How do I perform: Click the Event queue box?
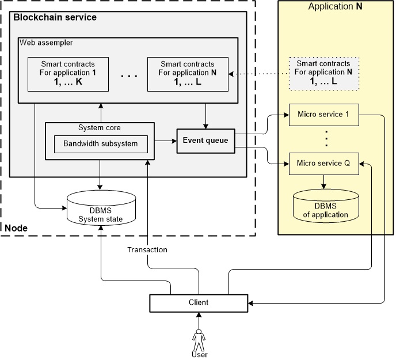(x=205, y=141)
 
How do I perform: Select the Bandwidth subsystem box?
(x=100, y=143)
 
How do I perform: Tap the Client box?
(x=198, y=302)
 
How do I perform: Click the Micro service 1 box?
(x=323, y=115)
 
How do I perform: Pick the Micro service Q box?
(x=323, y=163)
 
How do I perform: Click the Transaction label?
(x=147, y=250)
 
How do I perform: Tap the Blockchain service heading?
(x=55, y=17)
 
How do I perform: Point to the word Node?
(x=16, y=229)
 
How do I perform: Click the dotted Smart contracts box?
(x=323, y=73)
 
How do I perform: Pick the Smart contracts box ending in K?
(x=68, y=73)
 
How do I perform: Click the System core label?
(x=100, y=127)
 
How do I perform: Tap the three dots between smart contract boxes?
(x=128, y=75)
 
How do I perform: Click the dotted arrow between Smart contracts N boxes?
(x=258, y=74)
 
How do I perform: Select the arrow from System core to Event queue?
(x=165, y=140)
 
